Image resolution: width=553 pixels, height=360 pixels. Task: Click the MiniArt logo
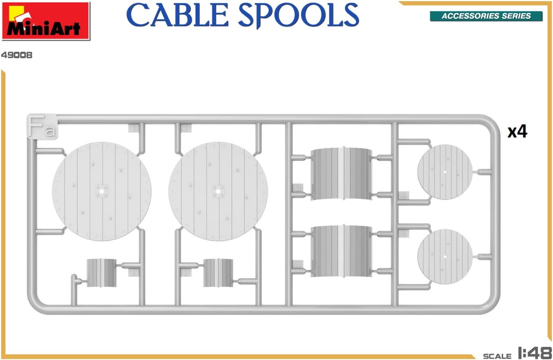click(x=46, y=21)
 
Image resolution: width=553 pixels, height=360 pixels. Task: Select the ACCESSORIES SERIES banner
click(x=486, y=16)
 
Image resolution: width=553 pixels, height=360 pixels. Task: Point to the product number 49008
click(x=17, y=55)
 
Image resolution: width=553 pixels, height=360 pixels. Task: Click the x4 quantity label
click(x=517, y=132)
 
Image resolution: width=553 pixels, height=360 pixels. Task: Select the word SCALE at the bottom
click(x=497, y=356)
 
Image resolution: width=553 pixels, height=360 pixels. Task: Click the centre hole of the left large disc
click(x=101, y=191)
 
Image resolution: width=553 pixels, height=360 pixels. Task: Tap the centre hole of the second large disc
click(x=218, y=191)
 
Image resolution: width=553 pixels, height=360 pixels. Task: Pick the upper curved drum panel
click(x=341, y=174)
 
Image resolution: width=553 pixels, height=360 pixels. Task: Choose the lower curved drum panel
click(x=341, y=251)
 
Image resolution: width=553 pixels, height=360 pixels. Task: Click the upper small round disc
click(x=445, y=172)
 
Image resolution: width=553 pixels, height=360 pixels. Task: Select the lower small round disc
click(x=445, y=257)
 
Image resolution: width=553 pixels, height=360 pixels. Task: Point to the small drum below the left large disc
click(x=101, y=273)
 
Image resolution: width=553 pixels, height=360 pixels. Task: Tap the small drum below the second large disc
click(x=218, y=273)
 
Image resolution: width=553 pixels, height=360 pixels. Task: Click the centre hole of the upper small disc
click(x=445, y=172)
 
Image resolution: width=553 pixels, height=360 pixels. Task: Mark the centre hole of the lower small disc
click(x=445, y=257)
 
